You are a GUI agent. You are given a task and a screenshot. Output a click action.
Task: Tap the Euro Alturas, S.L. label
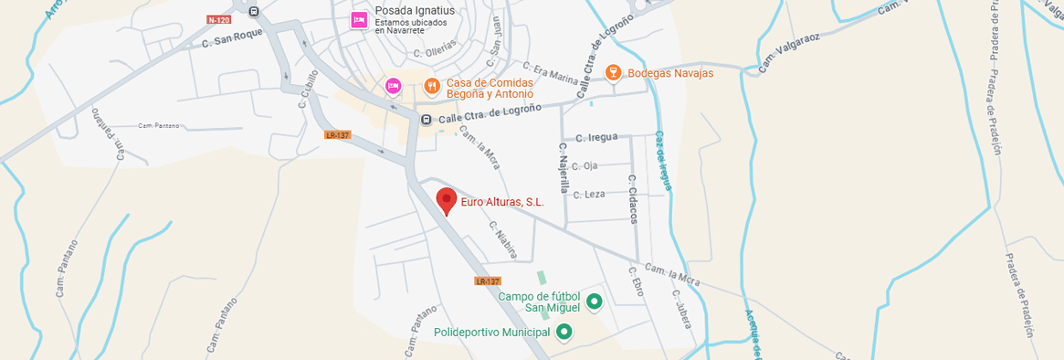click(x=502, y=203)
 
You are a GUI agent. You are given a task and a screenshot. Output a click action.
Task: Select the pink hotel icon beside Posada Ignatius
click(x=360, y=19)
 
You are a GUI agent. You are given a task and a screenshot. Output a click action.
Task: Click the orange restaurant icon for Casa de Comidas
click(x=432, y=86)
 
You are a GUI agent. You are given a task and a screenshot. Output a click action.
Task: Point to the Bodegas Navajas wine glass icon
click(x=614, y=72)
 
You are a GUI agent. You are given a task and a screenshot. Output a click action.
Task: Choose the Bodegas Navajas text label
click(x=670, y=73)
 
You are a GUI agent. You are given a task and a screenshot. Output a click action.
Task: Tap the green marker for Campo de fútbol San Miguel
click(x=595, y=301)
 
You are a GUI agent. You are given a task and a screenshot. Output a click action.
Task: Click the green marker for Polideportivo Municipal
click(x=564, y=332)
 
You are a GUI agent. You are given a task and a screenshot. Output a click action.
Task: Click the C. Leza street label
click(x=589, y=194)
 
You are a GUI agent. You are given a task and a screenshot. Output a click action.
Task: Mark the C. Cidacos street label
click(x=631, y=198)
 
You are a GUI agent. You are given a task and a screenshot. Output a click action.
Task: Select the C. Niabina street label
click(x=503, y=239)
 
